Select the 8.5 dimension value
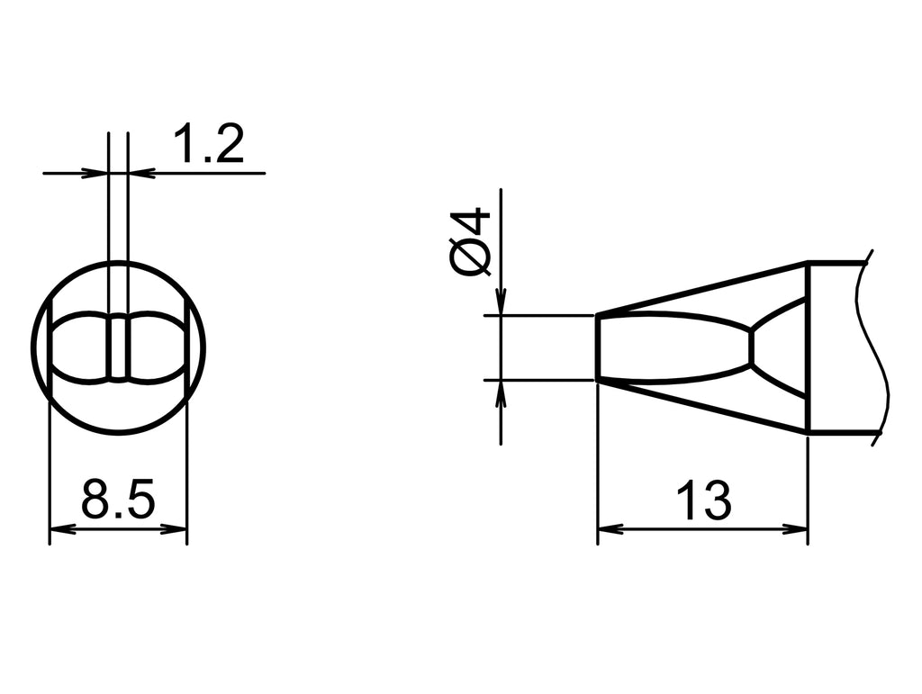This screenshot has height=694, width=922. pos(118,500)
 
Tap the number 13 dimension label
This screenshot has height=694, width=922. pos(703,500)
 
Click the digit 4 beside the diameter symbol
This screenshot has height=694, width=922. pos(472,222)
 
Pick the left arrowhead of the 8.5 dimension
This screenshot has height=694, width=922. pos(59,529)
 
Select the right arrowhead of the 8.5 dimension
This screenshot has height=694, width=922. pos(177,529)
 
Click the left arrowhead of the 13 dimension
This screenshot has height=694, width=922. pos(608,529)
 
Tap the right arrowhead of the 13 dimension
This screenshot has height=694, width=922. pos(798,529)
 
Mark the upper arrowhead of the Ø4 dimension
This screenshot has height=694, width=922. pos(502,304)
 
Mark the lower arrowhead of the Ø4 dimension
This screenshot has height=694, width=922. pos(502,392)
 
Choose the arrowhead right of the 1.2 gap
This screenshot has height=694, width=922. pos(139,172)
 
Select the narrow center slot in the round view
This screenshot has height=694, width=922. pos(118,347)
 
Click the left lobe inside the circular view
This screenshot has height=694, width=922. pos(80,347)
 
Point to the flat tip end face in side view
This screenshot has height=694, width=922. pos(598,347)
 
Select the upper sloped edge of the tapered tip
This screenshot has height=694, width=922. pos(702,288)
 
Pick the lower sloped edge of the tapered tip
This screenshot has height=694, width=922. pos(702,407)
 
